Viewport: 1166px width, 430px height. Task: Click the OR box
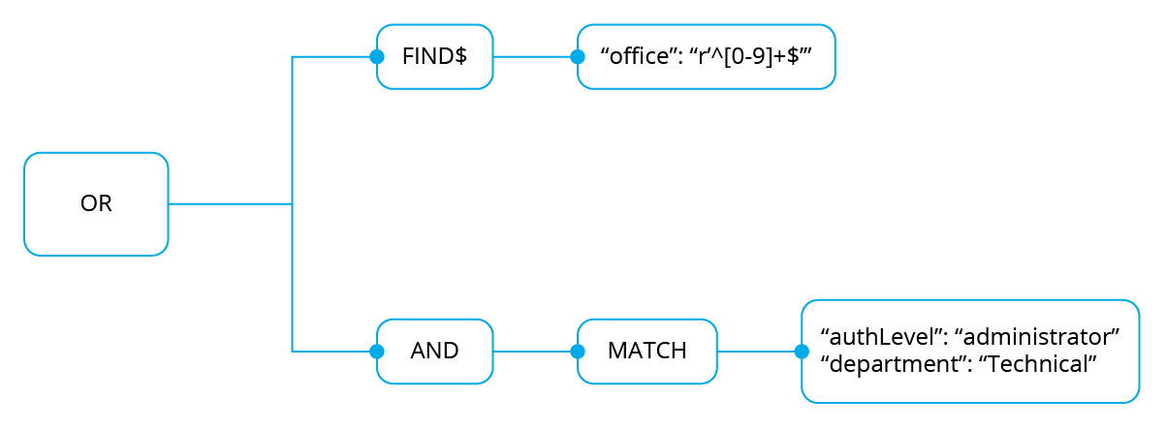[x=96, y=203]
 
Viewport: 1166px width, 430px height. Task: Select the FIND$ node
[x=434, y=57]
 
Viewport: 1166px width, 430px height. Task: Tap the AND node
[x=434, y=352]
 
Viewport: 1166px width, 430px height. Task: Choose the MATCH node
[x=647, y=352]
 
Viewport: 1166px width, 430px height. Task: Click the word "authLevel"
[x=882, y=337]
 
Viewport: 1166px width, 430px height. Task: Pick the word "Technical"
[x=1038, y=364]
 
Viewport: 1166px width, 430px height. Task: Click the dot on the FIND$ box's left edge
[x=377, y=57]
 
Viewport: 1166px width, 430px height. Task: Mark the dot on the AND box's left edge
[x=377, y=352]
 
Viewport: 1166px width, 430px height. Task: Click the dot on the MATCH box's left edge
[x=578, y=352]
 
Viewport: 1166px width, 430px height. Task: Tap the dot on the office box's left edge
[x=578, y=57]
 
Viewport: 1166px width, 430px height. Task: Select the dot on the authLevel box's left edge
[x=802, y=352]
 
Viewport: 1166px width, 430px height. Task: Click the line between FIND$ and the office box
[x=535, y=57]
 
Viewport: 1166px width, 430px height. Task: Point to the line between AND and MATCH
[x=535, y=352]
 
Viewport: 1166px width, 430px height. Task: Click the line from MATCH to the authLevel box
[x=760, y=352]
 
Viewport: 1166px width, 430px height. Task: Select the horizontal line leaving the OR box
[x=230, y=203]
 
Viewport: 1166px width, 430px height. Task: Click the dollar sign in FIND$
[x=460, y=56]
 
